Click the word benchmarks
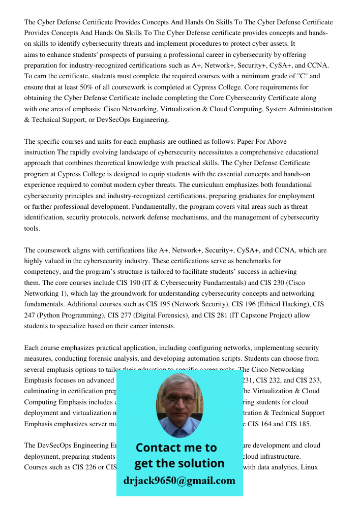[291, 261]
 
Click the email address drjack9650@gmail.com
[179, 481]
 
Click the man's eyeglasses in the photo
[179, 399]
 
